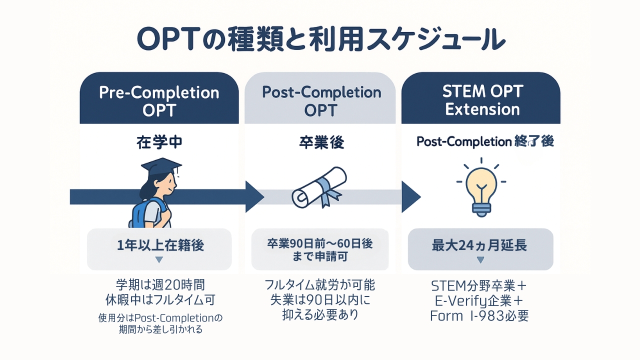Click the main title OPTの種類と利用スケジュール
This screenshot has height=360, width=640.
click(321, 39)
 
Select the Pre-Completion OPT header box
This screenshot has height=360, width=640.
click(159, 98)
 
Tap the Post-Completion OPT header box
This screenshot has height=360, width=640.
click(320, 98)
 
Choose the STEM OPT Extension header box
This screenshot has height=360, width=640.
click(481, 98)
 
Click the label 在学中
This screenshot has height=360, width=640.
click(159, 142)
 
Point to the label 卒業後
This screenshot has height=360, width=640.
click(321, 142)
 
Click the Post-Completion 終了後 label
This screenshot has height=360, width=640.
click(485, 141)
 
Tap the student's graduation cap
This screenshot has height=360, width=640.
click(161, 166)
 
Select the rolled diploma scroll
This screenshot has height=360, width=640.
click(319, 187)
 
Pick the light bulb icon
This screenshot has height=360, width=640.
click(481, 187)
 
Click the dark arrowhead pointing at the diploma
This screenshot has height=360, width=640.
click(254, 196)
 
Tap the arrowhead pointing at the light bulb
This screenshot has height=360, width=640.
click(411, 196)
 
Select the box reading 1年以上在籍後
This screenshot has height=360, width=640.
click(159, 249)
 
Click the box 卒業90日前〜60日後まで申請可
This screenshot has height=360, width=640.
click(320, 249)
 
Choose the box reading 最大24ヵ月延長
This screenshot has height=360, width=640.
click(480, 249)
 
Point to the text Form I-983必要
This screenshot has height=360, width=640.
click(479, 316)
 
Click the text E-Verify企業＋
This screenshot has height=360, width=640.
click(479, 301)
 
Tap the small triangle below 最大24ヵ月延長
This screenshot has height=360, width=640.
click(480, 259)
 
